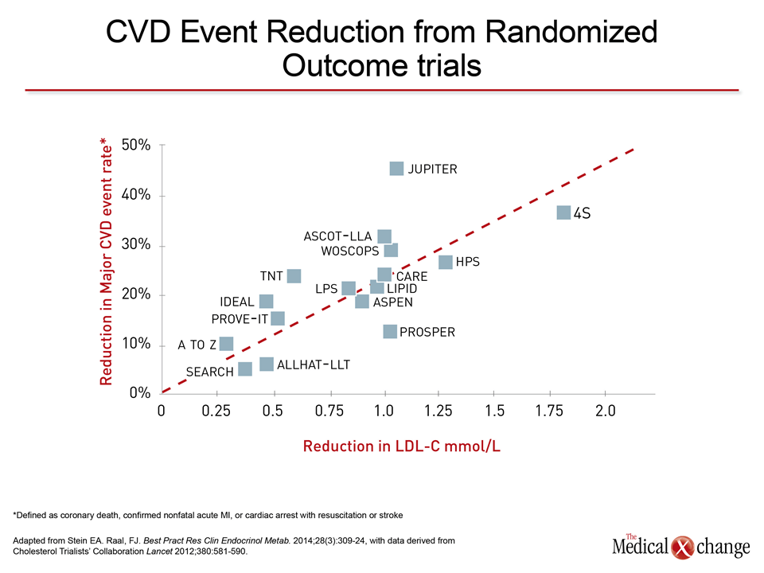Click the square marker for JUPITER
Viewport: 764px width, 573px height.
coord(396,169)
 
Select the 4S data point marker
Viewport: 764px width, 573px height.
coord(563,212)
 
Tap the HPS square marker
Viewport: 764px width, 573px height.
coord(446,262)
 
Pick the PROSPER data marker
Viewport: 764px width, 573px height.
coord(390,331)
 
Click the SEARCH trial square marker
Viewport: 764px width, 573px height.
coord(245,368)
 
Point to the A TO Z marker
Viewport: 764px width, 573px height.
coord(226,344)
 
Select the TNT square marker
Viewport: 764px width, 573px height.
coord(294,276)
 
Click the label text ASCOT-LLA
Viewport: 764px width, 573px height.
coord(337,236)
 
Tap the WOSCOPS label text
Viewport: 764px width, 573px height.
coord(350,251)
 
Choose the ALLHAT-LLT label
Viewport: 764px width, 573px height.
coord(314,364)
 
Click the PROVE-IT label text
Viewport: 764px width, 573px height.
coord(240,319)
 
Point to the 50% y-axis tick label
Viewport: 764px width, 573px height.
coord(136,145)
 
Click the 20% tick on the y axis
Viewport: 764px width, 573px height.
coord(136,294)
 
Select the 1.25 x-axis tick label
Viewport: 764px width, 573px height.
coord(438,411)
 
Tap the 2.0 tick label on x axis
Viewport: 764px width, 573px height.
coord(605,411)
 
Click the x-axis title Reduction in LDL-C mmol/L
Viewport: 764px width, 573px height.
coord(401,446)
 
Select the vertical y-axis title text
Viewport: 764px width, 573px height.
coord(106,262)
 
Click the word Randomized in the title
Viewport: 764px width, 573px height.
coord(571,32)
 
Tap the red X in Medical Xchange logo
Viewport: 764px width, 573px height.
coord(682,548)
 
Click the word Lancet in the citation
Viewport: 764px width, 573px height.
coord(159,552)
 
